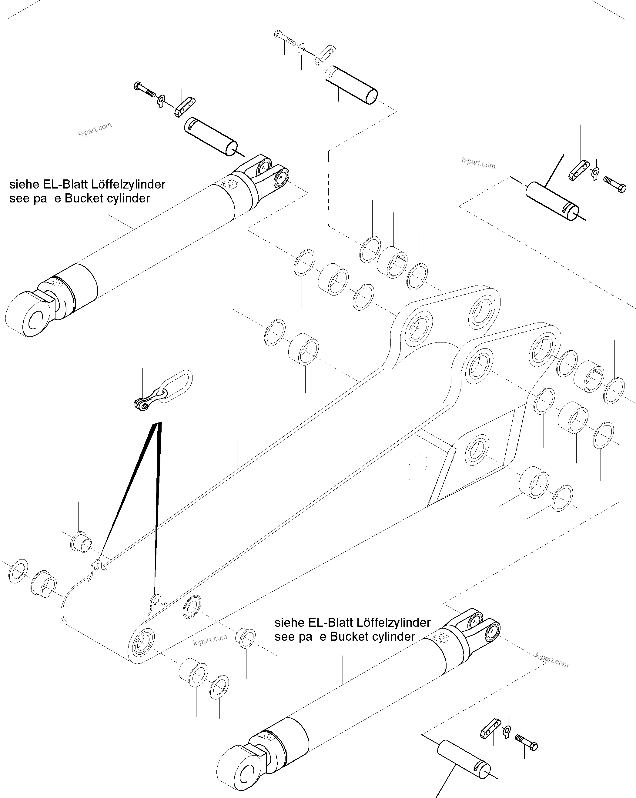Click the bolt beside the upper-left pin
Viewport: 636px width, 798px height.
pyautogui.click(x=144, y=89)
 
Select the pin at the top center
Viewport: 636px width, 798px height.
pyautogui.click(x=351, y=85)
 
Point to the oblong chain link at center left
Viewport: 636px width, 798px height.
pyautogui.click(x=176, y=386)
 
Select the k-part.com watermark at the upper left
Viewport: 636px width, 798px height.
pyautogui.click(x=95, y=129)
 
